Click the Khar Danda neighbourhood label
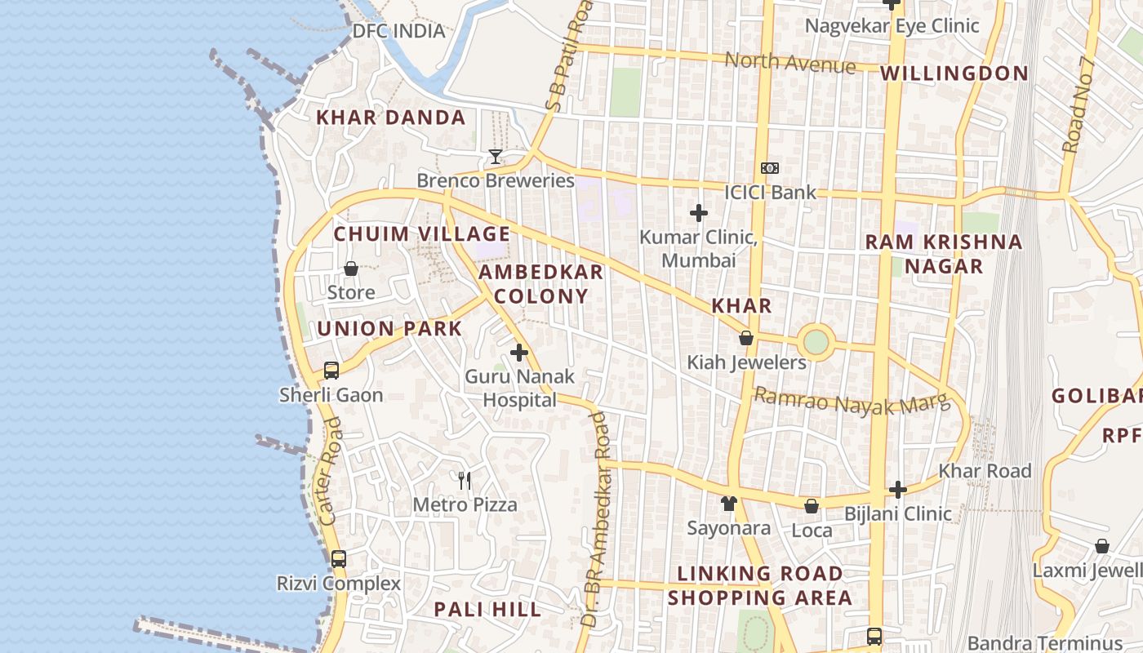coord(390,118)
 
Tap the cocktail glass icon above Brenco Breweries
coord(495,156)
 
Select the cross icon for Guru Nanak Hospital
coord(519,353)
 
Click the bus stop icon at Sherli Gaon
coord(331,370)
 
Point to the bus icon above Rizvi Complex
coord(339,559)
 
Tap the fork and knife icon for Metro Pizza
coord(465,480)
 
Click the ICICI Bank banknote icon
coord(769,168)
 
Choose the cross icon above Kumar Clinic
coord(699,213)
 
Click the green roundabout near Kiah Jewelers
coord(816,341)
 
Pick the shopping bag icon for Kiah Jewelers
coord(746,338)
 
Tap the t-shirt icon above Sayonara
coord(728,504)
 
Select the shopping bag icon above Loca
coord(812,506)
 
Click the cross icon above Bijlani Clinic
coord(898,490)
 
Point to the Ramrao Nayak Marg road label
coord(852,401)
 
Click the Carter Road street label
coord(328,471)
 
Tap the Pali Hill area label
coord(487,609)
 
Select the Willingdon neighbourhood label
coord(954,73)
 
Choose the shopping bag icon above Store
coord(351,269)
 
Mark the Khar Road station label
coord(985,471)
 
